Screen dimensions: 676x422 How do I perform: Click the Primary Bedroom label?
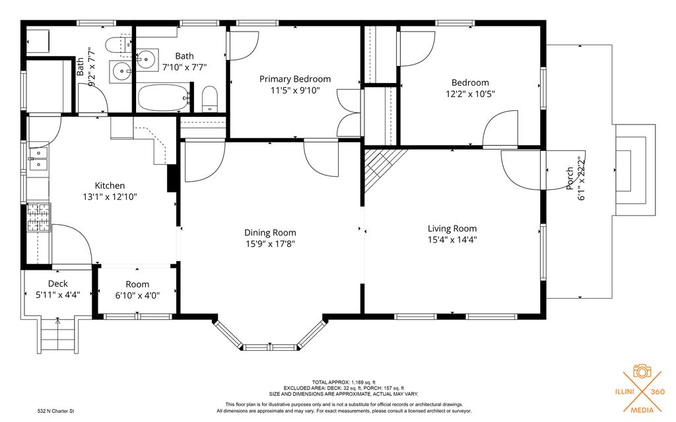click(295, 79)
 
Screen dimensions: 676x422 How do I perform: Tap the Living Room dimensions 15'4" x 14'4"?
click(452, 240)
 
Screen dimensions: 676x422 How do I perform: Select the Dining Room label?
click(270, 233)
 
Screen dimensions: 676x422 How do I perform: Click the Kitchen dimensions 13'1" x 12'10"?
click(110, 197)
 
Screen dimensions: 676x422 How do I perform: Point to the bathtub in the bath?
click(164, 98)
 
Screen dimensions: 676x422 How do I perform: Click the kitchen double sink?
click(38, 159)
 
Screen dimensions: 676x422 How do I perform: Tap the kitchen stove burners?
click(39, 218)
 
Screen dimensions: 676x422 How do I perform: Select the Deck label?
click(58, 284)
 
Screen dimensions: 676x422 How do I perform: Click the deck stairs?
click(58, 336)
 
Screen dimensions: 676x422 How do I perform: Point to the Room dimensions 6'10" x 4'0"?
click(137, 296)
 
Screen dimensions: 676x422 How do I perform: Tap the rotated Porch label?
click(570, 178)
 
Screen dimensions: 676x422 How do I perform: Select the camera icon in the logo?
click(642, 371)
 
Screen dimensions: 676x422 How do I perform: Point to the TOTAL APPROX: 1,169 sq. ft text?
click(343, 382)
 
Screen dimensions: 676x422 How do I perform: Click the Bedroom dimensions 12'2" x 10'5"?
click(470, 94)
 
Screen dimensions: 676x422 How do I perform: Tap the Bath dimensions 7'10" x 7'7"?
click(185, 67)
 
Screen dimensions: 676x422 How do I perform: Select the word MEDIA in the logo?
click(642, 409)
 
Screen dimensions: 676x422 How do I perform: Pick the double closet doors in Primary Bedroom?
click(349, 113)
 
